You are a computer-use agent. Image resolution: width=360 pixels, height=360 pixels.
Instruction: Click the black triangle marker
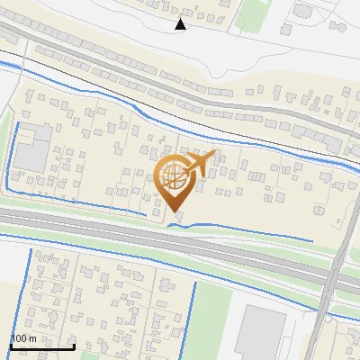click(x=181, y=24)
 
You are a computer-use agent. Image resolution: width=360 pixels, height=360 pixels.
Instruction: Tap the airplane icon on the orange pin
click(x=201, y=163)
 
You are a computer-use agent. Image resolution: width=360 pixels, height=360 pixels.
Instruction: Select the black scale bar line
click(x=42, y=346)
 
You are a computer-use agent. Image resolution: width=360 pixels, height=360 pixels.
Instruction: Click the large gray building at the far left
click(x=33, y=149)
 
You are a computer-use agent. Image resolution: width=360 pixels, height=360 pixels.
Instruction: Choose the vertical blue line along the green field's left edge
click(x=194, y=315)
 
